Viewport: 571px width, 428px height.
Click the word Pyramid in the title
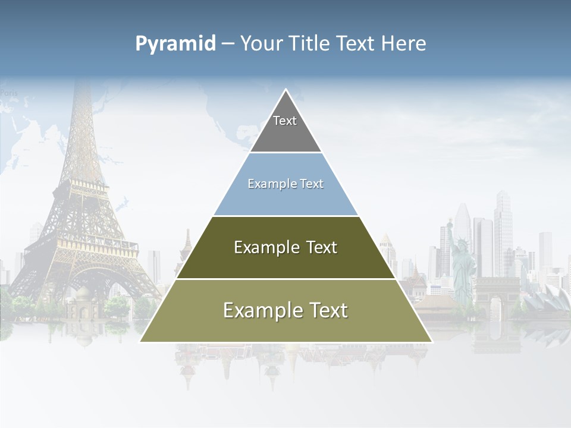pyautogui.click(x=175, y=44)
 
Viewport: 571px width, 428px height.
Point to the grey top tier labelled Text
pyautogui.click(x=285, y=128)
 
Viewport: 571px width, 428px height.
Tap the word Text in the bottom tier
pyautogui.click(x=324, y=310)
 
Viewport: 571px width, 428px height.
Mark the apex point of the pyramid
pyautogui.click(x=286, y=90)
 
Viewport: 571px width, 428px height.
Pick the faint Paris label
pyautogui.click(x=9, y=93)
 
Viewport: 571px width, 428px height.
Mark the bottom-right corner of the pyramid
pyautogui.click(x=432, y=342)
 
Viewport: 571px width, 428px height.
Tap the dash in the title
pyautogui.click(x=228, y=44)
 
